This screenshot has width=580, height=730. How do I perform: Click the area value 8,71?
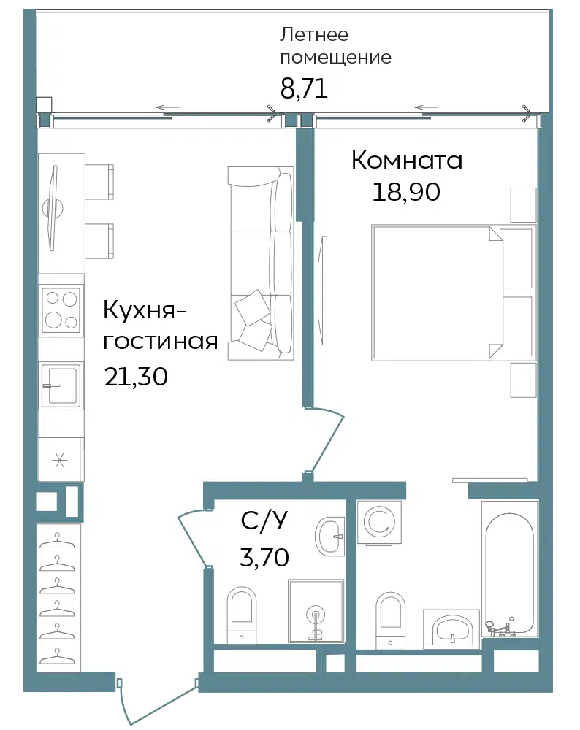304,88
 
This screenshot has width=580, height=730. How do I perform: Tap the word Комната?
407,160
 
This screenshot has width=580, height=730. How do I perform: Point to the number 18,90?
405,191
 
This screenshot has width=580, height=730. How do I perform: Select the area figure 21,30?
136,376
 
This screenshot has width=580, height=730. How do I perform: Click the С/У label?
264,520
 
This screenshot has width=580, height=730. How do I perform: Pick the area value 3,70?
264,557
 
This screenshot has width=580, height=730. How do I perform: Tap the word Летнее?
313,35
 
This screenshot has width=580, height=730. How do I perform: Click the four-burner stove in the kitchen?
61,310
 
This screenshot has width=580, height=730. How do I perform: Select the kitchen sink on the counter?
61,385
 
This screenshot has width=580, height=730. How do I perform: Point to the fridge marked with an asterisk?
60,459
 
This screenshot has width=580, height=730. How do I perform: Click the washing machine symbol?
379,522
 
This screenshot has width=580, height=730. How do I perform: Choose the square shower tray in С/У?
316,611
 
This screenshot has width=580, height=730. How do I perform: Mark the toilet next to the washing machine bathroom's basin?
390,620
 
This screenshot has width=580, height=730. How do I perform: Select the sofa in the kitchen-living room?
261,263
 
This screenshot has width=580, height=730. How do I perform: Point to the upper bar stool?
99,182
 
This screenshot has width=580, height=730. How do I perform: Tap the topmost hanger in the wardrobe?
57,541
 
